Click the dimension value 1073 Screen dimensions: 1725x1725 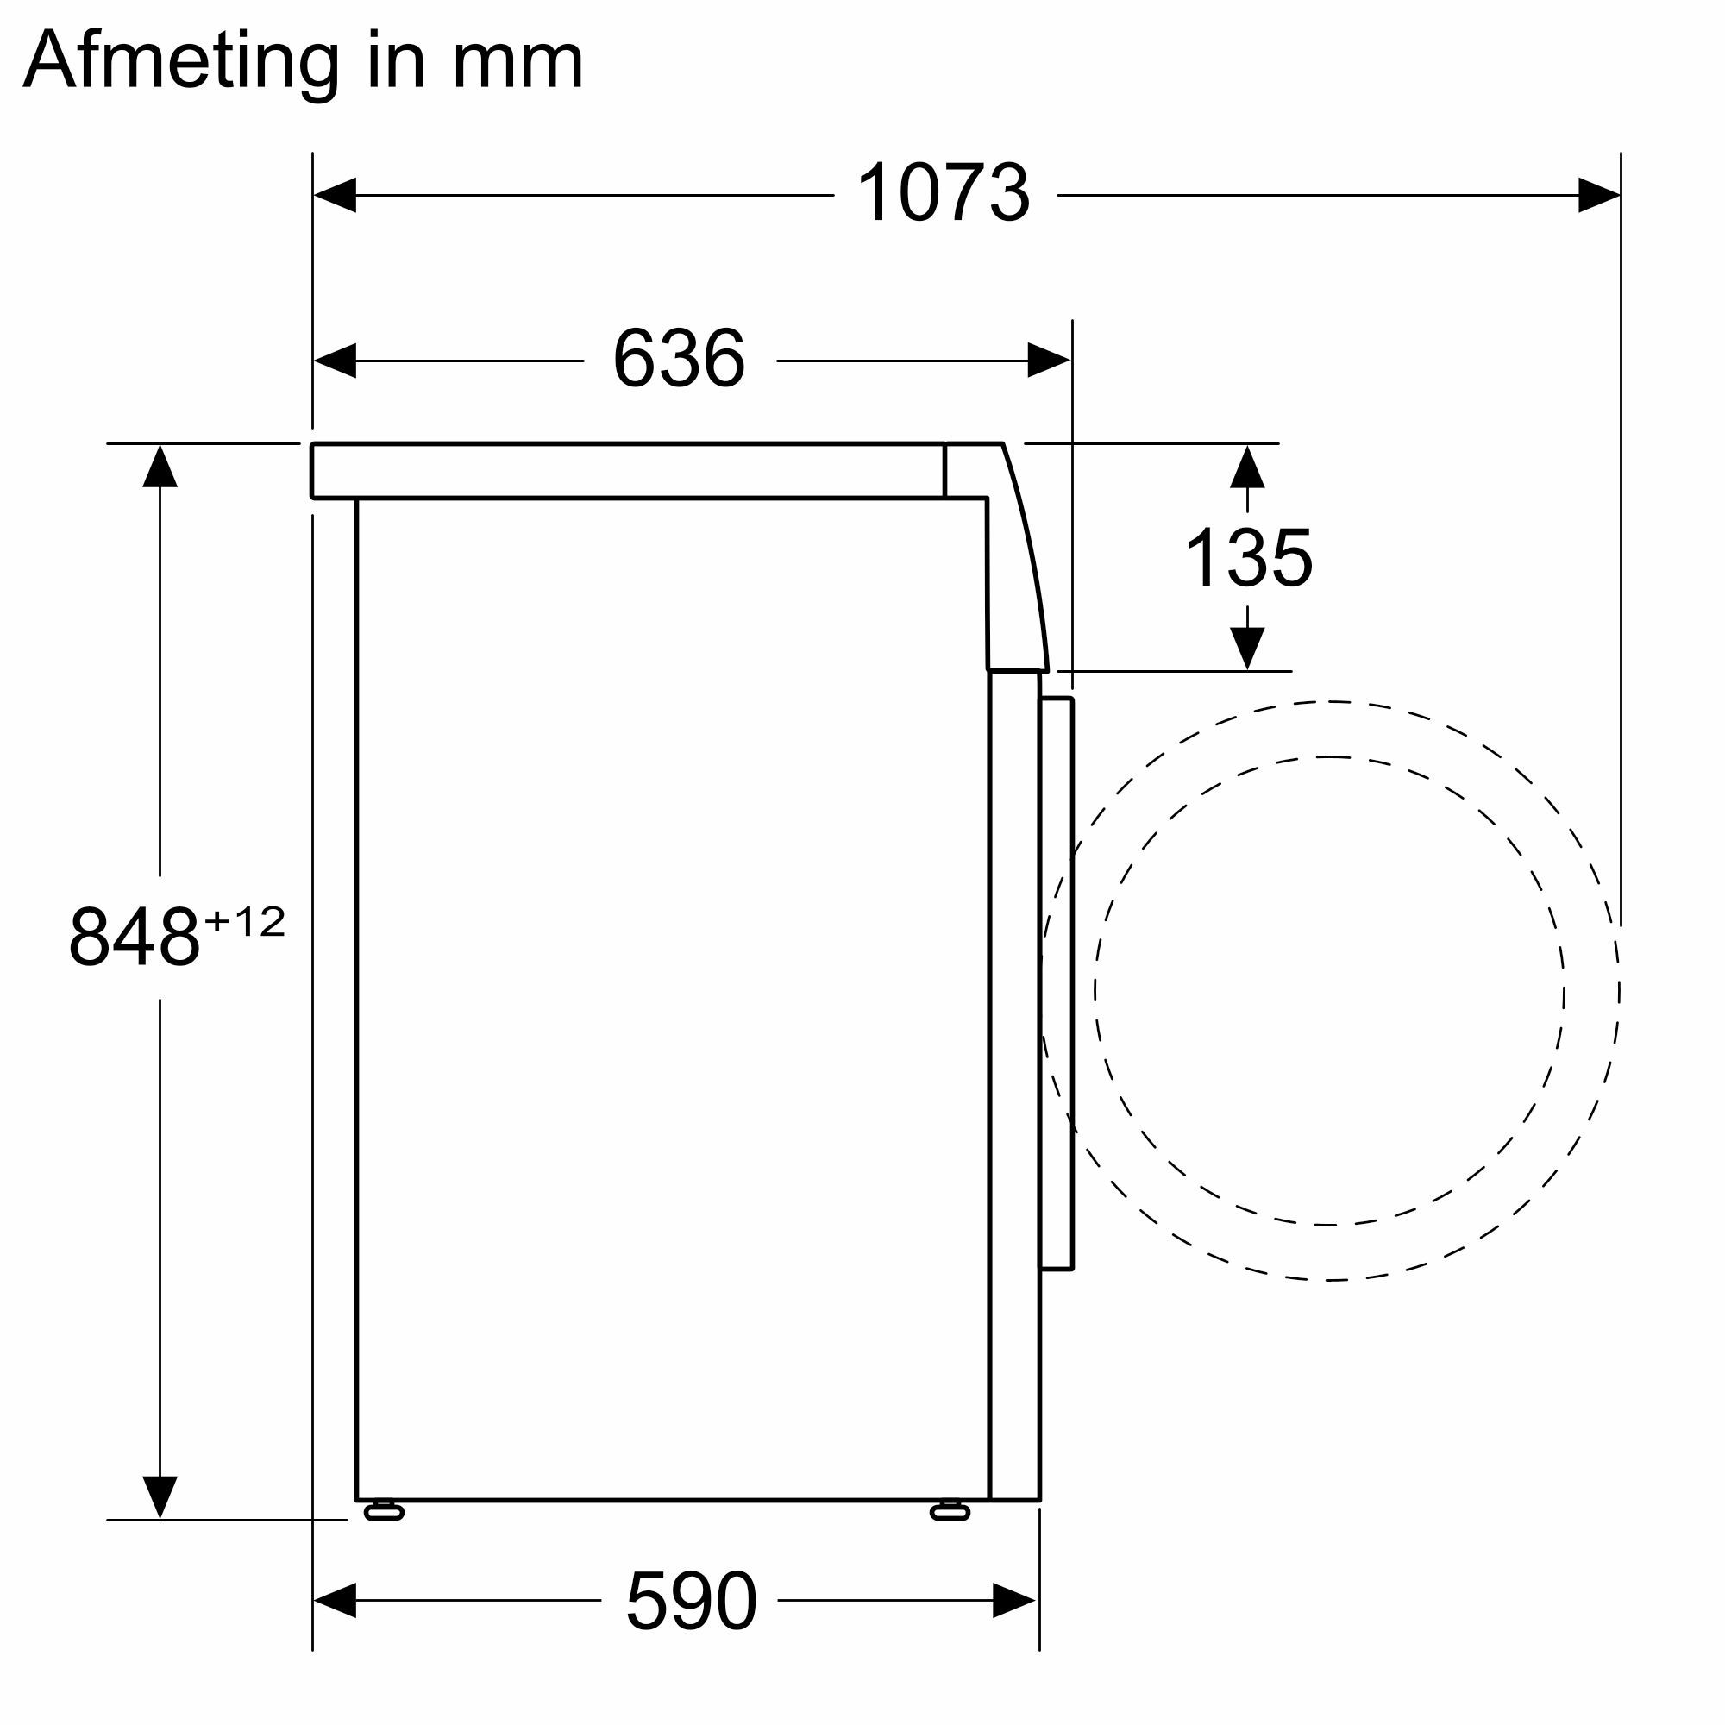tap(943, 194)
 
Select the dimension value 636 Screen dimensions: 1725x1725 tap(679, 359)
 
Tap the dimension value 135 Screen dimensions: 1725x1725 tap(1247, 558)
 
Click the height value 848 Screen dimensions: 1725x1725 tap(134, 937)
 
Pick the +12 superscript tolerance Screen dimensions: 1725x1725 tap(245, 921)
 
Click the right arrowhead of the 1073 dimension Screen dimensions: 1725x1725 tap(1598, 195)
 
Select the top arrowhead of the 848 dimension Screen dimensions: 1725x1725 tap(160, 466)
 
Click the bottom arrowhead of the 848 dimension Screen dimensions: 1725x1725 tap(160, 1497)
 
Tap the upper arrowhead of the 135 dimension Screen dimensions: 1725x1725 tap(1246, 467)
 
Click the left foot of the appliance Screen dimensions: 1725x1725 tap(384, 1511)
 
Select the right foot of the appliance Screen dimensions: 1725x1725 tap(949, 1511)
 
